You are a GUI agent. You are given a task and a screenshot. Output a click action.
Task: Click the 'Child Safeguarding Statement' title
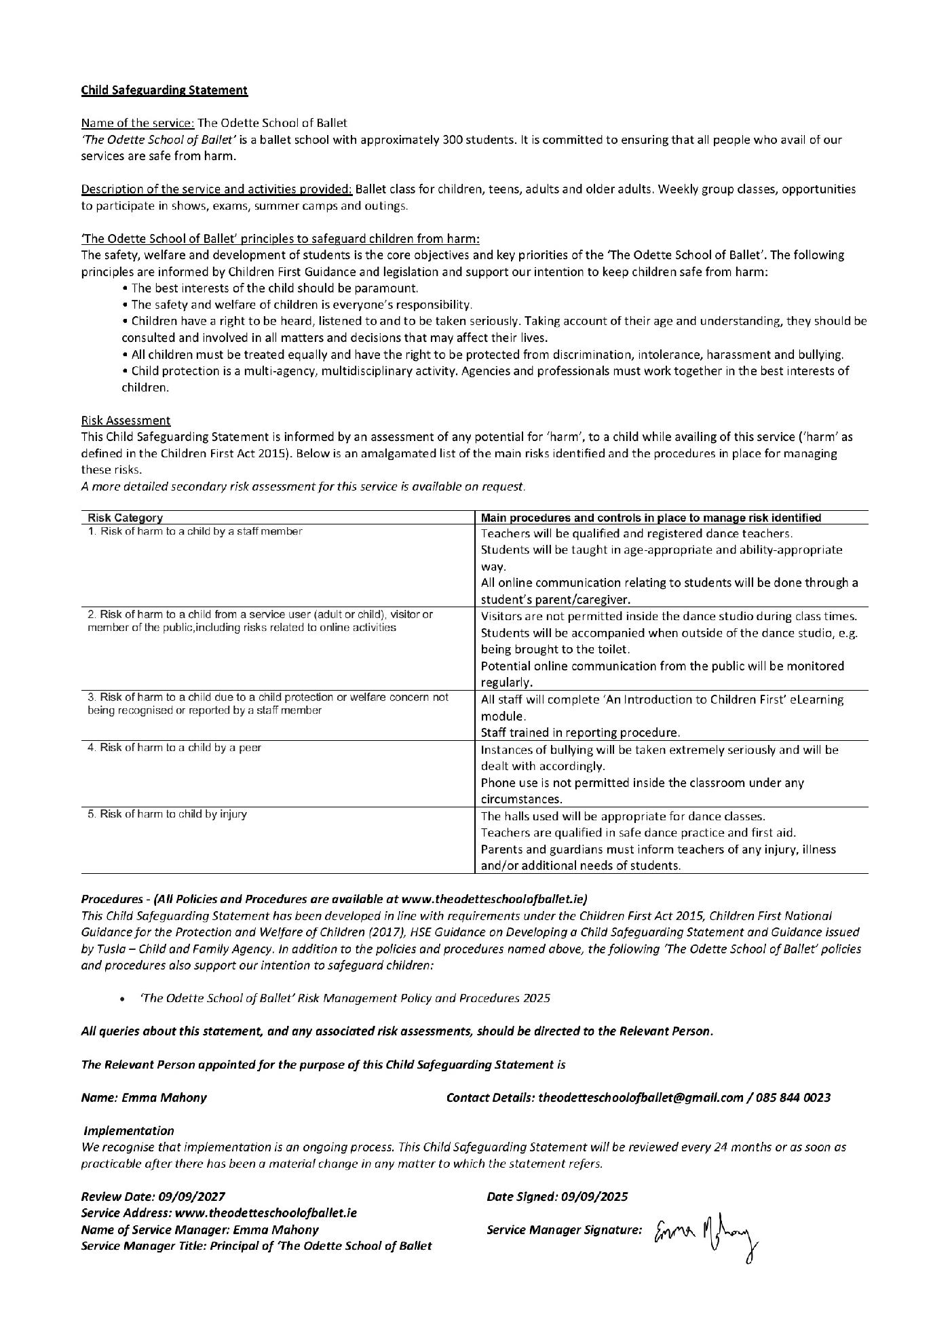[164, 90]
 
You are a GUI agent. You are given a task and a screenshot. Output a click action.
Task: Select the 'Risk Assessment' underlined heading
[126, 421]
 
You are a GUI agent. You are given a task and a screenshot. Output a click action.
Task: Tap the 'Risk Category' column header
[126, 518]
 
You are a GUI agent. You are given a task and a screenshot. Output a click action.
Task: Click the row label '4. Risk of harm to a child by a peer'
[174, 748]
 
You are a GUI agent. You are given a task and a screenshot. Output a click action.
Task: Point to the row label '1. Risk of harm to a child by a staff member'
[195, 531]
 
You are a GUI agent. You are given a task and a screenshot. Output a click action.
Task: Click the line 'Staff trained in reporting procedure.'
[580, 733]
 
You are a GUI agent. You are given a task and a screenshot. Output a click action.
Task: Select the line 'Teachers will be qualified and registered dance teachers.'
[636, 534]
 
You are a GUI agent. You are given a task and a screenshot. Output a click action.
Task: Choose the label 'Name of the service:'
[138, 123]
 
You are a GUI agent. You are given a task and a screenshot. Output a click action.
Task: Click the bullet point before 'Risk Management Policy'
[121, 999]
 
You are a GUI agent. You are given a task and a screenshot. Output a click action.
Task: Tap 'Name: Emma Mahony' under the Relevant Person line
[144, 1098]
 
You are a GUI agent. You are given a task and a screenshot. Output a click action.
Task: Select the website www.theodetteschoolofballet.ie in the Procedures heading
[492, 900]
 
